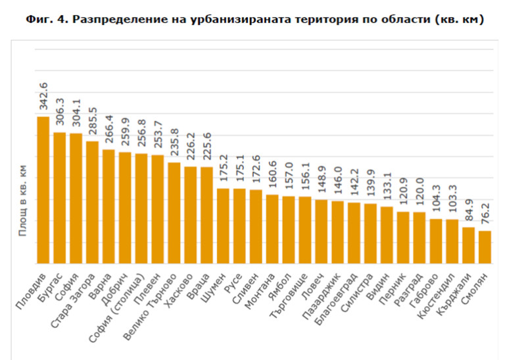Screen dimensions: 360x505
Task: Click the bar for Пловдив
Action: [43, 190]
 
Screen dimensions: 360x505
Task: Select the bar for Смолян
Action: [485, 247]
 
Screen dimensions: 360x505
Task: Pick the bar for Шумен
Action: [223, 226]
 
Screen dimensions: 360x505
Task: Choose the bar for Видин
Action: [387, 235]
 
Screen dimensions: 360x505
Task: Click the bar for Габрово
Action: [436, 241]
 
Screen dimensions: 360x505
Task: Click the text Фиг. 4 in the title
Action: [45, 20]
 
